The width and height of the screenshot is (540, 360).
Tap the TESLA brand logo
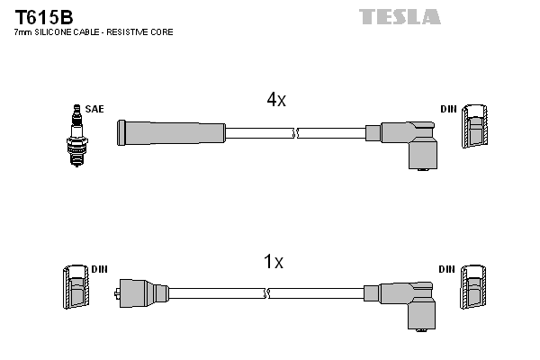pyautogui.click(x=400, y=16)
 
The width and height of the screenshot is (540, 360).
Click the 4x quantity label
pyautogui.click(x=276, y=101)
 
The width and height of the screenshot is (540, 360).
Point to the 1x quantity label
pyautogui.click(x=273, y=262)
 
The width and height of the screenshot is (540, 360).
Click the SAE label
pyautogui.click(x=94, y=109)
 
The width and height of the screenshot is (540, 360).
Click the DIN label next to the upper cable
pyautogui.click(x=448, y=109)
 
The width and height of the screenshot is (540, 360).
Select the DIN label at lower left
pyautogui.click(x=100, y=269)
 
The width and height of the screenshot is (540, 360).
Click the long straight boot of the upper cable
pyautogui.click(x=171, y=132)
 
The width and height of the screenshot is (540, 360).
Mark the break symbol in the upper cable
pyautogui.click(x=294, y=133)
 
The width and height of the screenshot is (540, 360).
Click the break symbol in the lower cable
pyautogui.click(x=269, y=292)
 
